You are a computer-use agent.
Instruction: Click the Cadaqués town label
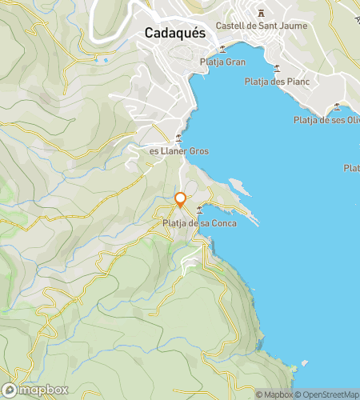pos(176,33)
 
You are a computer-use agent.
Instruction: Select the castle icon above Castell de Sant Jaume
pos(262,13)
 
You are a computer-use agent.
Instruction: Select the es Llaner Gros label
pos(176,150)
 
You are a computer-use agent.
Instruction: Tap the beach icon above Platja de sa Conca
pos(198,210)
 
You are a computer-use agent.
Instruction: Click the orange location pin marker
pos(181,200)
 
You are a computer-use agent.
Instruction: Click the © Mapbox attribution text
pos(274,394)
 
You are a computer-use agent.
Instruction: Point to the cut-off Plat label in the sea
pos(351,168)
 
